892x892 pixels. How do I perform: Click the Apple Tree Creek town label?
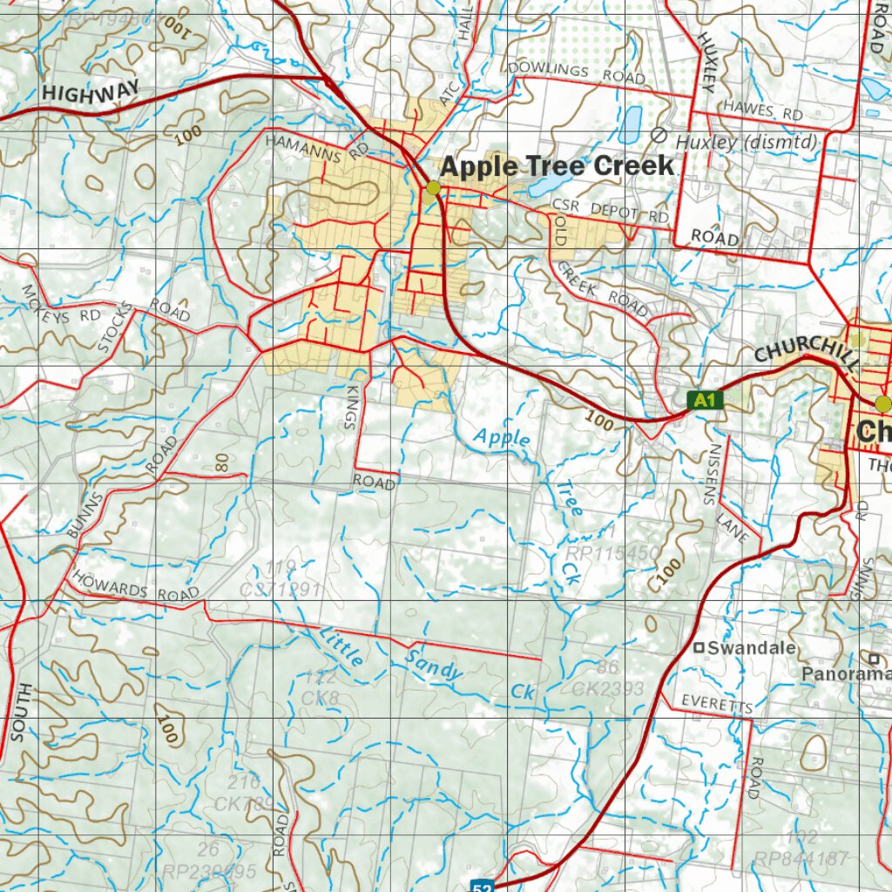point(557,166)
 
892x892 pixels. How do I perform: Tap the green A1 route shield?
point(706,400)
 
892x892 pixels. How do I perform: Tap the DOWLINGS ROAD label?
point(577,73)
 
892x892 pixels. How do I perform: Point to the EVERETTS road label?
point(716,702)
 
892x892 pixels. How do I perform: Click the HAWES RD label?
point(762,111)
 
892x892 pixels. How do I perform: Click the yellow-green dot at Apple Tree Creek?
point(433,187)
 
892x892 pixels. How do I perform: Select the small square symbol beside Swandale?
point(699,648)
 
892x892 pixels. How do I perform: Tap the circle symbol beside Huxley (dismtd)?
point(659,135)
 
